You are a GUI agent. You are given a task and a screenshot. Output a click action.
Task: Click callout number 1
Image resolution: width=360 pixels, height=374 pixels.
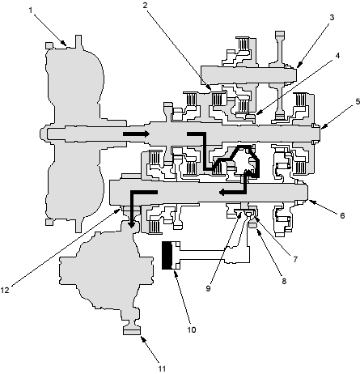31,11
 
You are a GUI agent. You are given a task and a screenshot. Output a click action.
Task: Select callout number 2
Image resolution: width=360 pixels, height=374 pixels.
146,5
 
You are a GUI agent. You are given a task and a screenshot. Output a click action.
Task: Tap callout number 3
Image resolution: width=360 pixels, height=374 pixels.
332,17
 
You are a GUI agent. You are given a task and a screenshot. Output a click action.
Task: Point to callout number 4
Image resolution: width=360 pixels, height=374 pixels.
337,56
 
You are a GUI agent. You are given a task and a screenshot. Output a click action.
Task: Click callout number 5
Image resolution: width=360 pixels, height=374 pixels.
358,101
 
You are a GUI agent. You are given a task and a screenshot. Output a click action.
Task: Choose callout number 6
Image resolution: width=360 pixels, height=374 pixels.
342,215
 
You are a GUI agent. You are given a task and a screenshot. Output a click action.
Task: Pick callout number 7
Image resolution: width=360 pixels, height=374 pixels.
295,259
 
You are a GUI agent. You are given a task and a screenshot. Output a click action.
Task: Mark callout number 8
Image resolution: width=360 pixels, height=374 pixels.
284,281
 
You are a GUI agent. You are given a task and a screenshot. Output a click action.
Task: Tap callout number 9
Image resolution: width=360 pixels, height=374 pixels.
208,288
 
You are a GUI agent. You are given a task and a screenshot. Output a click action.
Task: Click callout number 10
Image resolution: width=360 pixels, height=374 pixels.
192,329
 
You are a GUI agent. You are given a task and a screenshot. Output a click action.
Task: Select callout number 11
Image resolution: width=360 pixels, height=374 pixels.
162,368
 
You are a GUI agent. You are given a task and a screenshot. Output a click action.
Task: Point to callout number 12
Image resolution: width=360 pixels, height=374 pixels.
5,291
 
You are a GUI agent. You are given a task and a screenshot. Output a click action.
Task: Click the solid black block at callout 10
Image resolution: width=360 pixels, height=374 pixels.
167,255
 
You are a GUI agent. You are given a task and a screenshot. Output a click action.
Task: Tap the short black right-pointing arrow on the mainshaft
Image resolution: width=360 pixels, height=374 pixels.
136,134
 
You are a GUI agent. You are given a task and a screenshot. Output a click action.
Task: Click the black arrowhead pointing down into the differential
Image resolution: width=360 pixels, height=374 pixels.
131,224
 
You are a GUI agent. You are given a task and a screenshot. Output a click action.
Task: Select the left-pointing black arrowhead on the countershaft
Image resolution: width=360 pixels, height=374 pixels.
222,193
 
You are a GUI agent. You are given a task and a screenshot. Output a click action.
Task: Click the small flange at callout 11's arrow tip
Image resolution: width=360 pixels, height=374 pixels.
132,330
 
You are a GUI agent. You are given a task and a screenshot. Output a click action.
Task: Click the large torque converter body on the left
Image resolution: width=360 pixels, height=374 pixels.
74,134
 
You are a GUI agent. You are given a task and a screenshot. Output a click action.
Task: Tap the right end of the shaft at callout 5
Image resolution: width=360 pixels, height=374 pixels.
320,134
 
